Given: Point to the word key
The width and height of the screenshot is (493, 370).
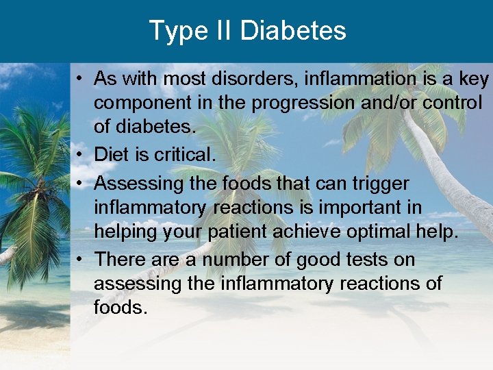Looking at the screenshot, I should coord(475,79).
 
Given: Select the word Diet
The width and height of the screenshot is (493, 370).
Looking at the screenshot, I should coord(111,155).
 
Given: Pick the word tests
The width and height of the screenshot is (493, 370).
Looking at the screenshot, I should coord(347,260).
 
